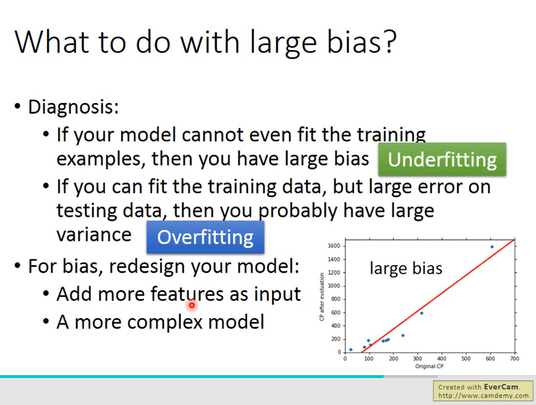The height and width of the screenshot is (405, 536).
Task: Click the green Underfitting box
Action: (442, 159)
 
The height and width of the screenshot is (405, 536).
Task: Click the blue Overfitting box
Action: (205, 237)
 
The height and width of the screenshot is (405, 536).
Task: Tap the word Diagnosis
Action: (73, 107)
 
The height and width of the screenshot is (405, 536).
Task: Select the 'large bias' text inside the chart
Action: (406, 268)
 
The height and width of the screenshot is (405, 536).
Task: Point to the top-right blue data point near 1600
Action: (492, 247)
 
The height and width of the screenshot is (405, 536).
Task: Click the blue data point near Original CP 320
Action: (422, 313)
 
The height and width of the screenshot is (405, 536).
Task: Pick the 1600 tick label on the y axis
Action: (334, 246)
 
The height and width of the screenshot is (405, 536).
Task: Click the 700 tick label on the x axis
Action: (515, 358)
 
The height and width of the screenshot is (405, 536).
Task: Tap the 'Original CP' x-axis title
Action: (430, 366)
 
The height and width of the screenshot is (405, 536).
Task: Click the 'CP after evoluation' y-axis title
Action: (321, 297)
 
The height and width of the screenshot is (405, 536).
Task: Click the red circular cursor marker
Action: (192, 305)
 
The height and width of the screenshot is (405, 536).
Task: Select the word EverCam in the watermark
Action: (501, 387)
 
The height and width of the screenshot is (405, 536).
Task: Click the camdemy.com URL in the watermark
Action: (483, 396)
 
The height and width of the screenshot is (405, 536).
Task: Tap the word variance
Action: (94, 235)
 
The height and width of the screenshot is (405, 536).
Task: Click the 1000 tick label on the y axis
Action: (334, 286)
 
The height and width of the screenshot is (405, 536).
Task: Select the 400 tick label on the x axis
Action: (442, 358)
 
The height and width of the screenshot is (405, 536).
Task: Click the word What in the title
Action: (53, 41)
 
